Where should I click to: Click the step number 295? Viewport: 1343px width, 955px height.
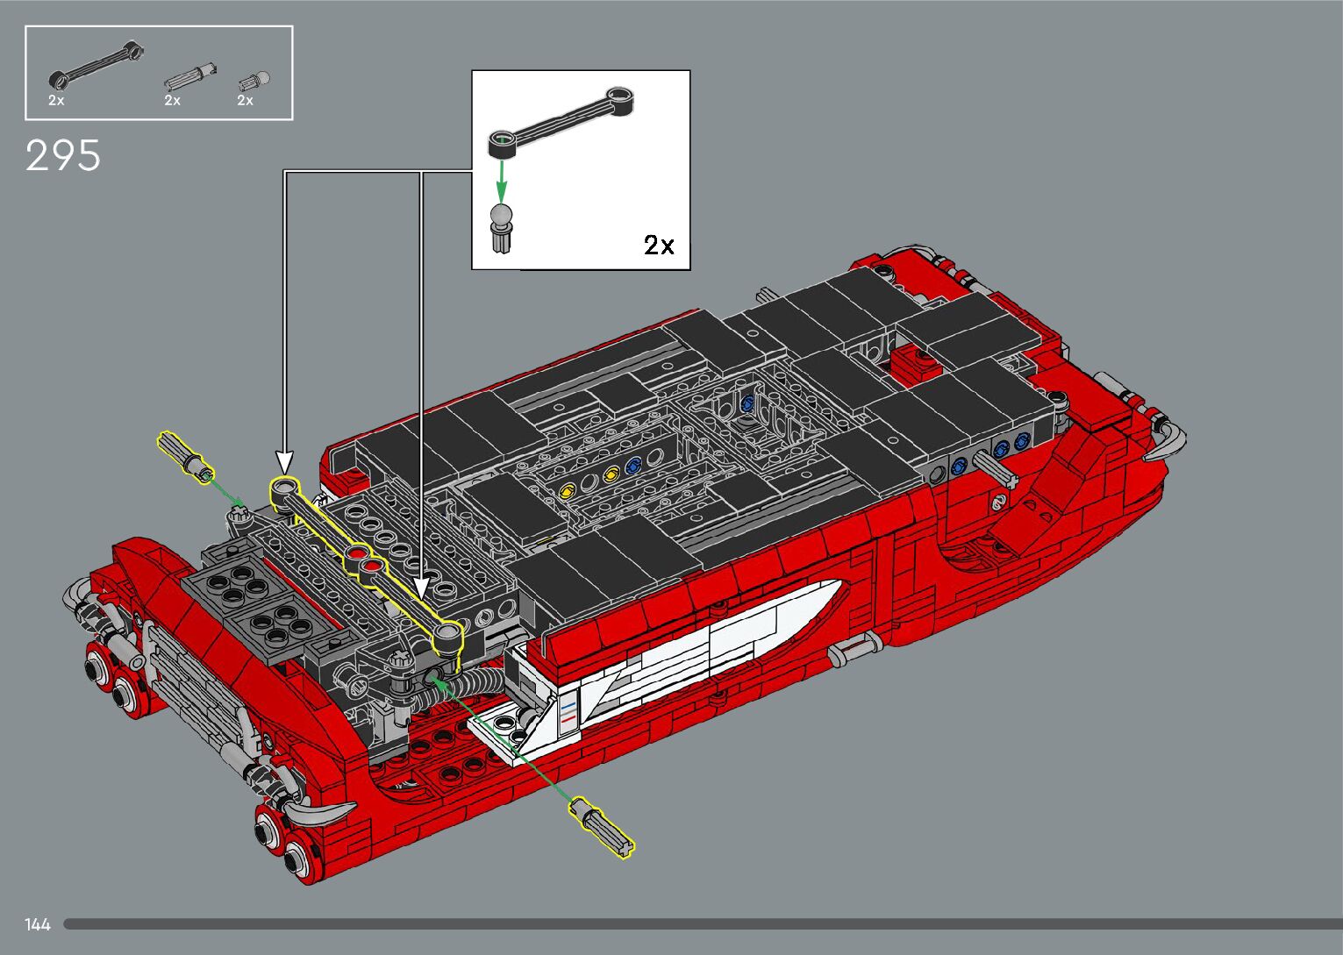63,156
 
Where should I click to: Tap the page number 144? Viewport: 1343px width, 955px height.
37,924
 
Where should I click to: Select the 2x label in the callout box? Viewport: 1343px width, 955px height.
659,245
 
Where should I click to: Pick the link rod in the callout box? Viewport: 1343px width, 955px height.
561,122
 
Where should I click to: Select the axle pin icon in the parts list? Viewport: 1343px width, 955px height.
190,77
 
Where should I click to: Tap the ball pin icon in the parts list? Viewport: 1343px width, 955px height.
254,82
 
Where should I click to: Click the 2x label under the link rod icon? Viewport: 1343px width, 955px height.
56,100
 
